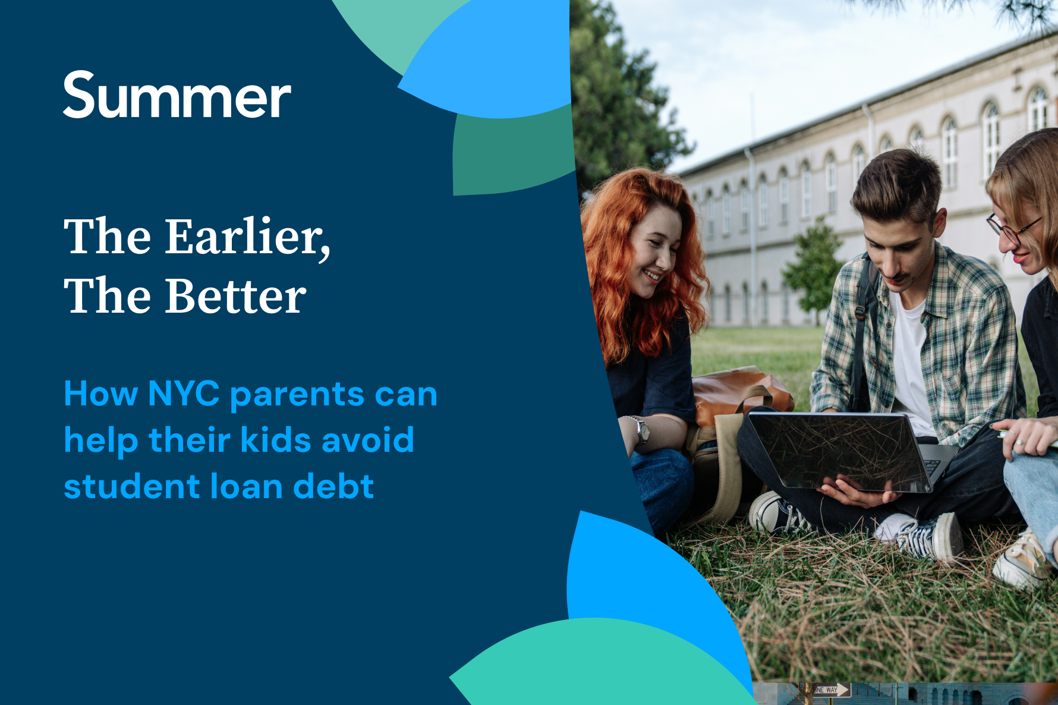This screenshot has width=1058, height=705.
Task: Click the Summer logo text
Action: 177,95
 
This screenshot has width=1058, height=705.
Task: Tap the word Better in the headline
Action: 235,296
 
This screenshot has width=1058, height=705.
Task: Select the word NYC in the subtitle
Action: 184,394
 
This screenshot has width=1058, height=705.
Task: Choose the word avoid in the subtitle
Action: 368,440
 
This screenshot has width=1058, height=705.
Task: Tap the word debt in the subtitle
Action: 333,486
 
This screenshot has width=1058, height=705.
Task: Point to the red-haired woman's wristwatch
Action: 641,429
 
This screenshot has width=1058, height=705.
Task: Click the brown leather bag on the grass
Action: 737,392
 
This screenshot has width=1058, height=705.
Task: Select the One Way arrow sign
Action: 833,690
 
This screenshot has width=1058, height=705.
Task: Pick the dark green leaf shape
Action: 511,155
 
